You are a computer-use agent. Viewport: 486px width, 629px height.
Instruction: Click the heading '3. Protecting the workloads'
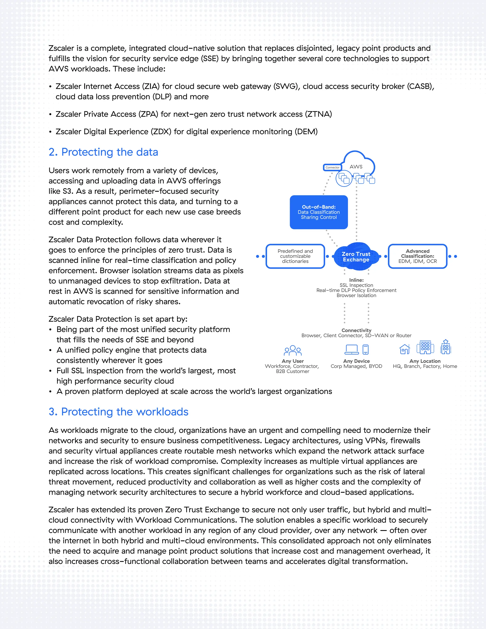click(x=118, y=412)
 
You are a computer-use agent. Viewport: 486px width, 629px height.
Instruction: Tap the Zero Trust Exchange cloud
click(x=356, y=257)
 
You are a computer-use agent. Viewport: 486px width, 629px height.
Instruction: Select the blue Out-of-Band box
click(x=319, y=212)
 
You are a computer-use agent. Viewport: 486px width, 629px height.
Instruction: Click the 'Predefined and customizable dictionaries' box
click(x=295, y=256)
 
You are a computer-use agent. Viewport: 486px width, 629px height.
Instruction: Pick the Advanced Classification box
click(x=417, y=256)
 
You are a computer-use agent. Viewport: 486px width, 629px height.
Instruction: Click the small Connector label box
click(x=332, y=167)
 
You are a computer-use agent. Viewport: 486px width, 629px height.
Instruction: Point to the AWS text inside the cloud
click(x=356, y=167)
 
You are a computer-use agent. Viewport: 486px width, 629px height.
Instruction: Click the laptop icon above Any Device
click(x=351, y=349)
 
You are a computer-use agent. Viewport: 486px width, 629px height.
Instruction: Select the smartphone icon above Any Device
click(x=365, y=349)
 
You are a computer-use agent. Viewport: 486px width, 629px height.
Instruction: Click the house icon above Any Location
click(x=405, y=349)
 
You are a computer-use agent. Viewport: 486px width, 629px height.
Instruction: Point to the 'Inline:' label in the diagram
click(x=356, y=280)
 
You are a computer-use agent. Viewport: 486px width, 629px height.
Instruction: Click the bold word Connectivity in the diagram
click(x=356, y=330)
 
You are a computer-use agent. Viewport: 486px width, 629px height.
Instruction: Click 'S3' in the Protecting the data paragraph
click(x=67, y=191)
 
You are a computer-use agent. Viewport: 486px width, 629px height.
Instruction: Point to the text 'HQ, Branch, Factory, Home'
click(x=425, y=366)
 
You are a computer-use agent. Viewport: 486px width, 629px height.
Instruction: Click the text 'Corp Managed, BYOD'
click(x=356, y=366)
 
